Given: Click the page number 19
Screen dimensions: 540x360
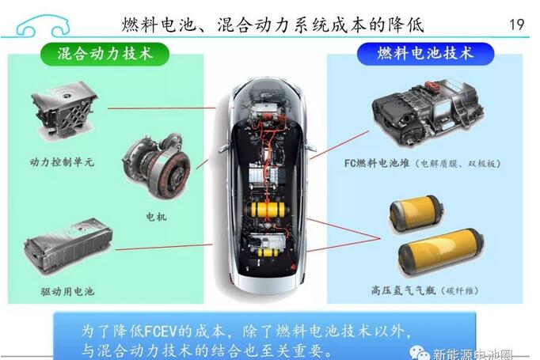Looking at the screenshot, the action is pyautogui.click(x=516, y=25).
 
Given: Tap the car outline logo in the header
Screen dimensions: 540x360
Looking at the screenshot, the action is pyautogui.click(x=43, y=25).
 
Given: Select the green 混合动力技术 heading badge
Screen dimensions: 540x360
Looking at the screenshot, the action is pyautogui.click(x=105, y=54).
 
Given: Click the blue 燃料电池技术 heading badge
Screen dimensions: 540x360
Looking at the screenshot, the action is pyautogui.click(x=425, y=53).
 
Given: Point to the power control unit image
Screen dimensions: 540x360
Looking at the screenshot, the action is pyautogui.click(x=63, y=108).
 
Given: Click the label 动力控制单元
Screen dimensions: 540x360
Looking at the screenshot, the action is pyautogui.click(x=62, y=161).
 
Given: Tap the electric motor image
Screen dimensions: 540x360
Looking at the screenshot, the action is pyautogui.click(x=156, y=165).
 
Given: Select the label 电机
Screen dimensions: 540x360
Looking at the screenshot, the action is pyautogui.click(x=156, y=217).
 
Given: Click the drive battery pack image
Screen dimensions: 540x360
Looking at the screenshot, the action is pyautogui.click(x=68, y=246).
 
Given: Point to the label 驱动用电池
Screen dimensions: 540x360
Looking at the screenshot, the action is pyautogui.click(x=67, y=291).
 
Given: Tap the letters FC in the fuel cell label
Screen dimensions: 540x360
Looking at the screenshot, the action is pyautogui.click(x=350, y=163).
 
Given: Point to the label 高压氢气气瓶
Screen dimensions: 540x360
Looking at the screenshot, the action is pyautogui.click(x=403, y=291).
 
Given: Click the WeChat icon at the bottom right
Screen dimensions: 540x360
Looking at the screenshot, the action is pyautogui.click(x=419, y=353).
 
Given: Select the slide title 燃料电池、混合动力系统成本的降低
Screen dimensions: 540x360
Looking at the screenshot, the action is pyautogui.click(x=272, y=25).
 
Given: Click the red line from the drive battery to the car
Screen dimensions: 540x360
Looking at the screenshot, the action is pyautogui.click(x=164, y=247).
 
